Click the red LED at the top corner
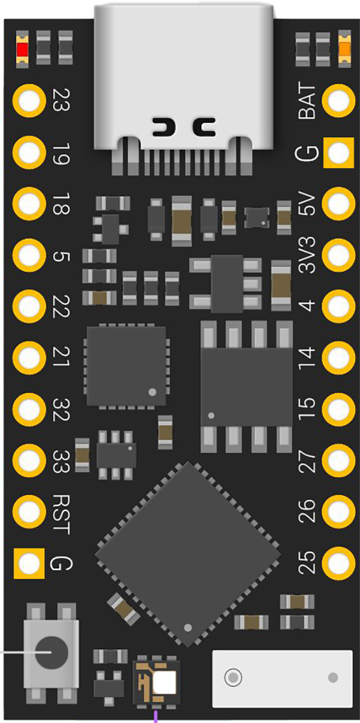tap(22, 50)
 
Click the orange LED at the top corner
tap(344, 49)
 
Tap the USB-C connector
tap(184, 87)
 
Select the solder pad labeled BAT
tap(338, 101)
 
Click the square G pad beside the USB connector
tap(338, 152)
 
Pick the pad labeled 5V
tap(338, 203)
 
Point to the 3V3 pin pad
tap(338, 255)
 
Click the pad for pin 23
tap(29, 101)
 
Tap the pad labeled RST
tap(29, 512)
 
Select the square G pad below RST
tap(29, 563)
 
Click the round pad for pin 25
tap(338, 563)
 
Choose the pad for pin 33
tap(29, 460)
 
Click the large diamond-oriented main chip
tap(188, 555)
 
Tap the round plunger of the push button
tap(52, 652)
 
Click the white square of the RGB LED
tap(165, 682)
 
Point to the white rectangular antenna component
tap(282, 679)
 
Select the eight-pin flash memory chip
tap(247, 386)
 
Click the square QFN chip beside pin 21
tap(126, 366)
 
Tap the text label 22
tap(61, 307)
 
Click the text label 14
tap(307, 358)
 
